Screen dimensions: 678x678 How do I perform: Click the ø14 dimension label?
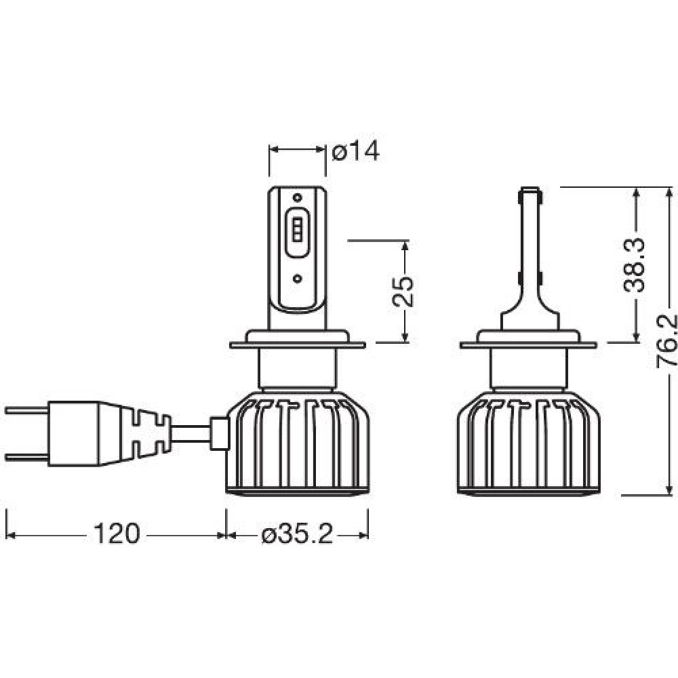(x=355, y=152)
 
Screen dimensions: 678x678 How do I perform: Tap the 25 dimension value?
(x=403, y=291)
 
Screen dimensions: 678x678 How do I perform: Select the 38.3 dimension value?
(x=635, y=265)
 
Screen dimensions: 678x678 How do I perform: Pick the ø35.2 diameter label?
(x=298, y=536)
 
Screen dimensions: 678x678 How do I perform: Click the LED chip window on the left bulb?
(x=297, y=233)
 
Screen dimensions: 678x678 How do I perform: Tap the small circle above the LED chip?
(x=297, y=197)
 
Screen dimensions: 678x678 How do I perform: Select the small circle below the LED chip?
(x=297, y=279)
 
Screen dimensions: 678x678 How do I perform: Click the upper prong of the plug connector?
(x=27, y=410)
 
